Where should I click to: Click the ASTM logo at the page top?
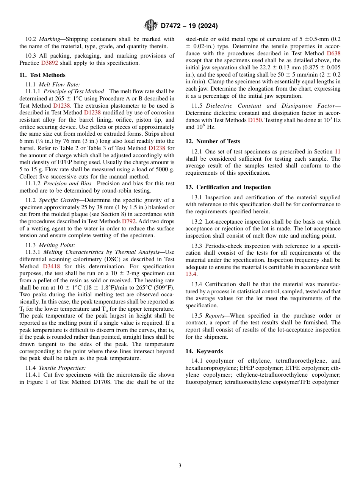tap(151, 25)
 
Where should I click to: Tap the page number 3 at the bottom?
tap(180, 465)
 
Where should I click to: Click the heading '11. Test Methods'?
tap(42, 75)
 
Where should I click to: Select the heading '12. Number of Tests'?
tap(213, 141)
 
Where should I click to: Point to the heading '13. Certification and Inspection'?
tap(228, 187)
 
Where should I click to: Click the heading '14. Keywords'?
tap(204, 351)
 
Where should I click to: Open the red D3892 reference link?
tap(50, 63)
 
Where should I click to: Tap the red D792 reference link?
tap(127, 221)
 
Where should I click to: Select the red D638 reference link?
tap(333, 53)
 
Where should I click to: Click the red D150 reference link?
tap(255, 120)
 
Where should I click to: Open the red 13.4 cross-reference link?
tap(191, 274)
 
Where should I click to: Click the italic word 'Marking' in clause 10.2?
tap(50, 39)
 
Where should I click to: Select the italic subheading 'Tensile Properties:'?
tap(62, 368)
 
